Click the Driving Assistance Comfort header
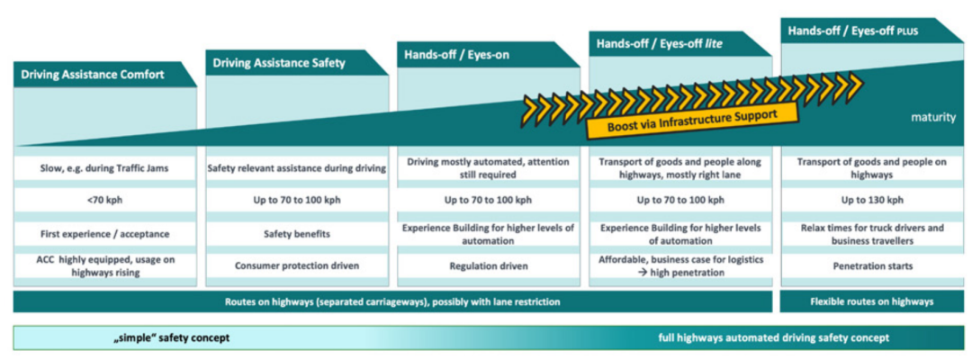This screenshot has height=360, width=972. click(93, 75)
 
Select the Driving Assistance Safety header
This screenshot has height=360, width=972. click(278, 63)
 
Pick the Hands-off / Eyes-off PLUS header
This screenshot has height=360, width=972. click(850, 31)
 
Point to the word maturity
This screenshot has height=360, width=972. click(931, 117)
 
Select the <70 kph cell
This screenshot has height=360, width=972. click(105, 200)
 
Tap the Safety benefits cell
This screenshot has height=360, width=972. click(297, 233)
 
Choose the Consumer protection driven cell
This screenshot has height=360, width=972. click(297, 266)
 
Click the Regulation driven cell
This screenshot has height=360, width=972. click(488, 266)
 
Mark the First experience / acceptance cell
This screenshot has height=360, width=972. click(105, 233)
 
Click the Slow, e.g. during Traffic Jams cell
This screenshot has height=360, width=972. click(105, 167)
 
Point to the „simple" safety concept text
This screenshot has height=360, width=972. click(171, 337)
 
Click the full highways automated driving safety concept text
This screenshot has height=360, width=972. click(773, 337)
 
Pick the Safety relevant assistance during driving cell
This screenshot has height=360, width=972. click(297, 167)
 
